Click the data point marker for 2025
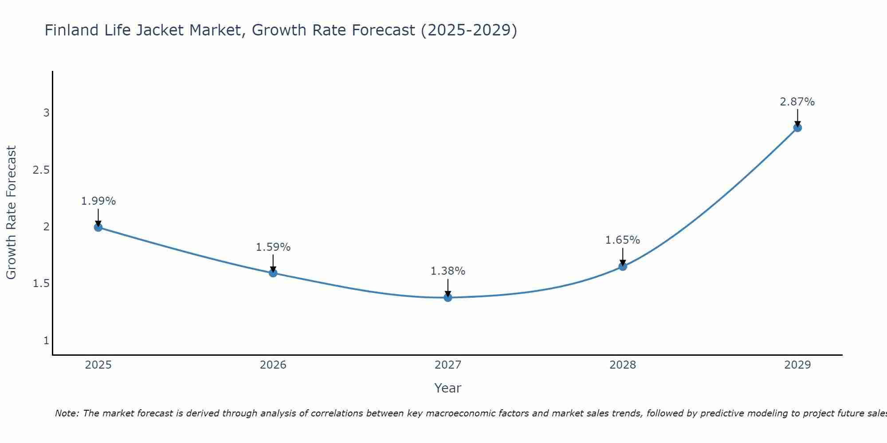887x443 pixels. (98, 227)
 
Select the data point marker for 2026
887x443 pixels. (273, 273)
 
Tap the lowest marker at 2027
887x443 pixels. (448, 297)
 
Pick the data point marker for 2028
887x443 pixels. (623, 266)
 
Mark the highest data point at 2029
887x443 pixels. (797, 128)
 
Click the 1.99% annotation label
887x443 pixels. (98, 201)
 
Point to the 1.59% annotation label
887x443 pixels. (273, 247)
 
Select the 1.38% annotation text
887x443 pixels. (448, 271)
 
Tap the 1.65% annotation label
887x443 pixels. (623, 240)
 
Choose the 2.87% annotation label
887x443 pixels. (797, 102)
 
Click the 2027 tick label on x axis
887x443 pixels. (448, 365)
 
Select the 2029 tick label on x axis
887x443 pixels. (797, 365)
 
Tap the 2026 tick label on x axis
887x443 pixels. (273, 365)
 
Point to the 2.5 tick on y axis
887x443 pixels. (41, 170)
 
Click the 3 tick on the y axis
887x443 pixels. (47, 113)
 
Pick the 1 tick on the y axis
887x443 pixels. (47, 341)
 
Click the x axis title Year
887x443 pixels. (448, 388)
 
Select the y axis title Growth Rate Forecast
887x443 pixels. (11, 213)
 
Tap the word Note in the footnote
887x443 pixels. (67, 413)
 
